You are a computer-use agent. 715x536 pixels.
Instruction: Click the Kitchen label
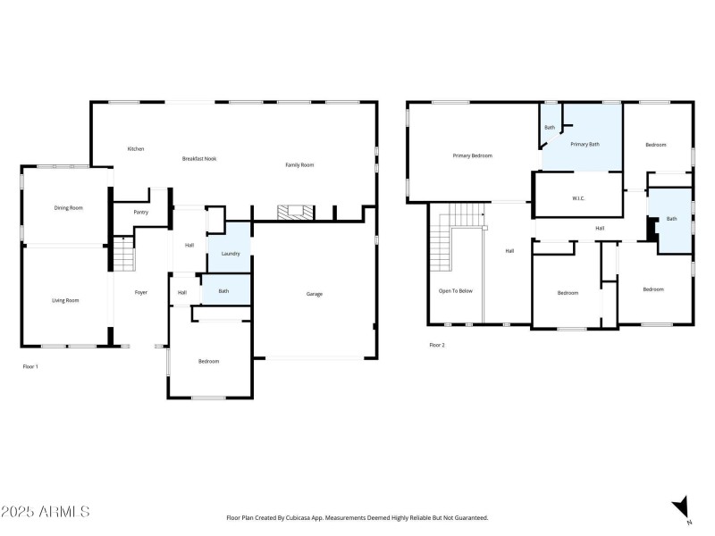tap(136, 149)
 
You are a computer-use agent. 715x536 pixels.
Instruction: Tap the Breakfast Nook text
tap(199, 159)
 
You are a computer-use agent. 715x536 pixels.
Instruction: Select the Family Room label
tap(299, 165)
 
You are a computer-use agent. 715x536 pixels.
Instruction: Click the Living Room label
tap(65, 301)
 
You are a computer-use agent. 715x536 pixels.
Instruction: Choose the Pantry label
tap(141, 213)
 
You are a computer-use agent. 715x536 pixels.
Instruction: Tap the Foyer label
tap(141, 293)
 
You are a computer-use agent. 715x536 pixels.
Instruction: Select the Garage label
tap(315, 294)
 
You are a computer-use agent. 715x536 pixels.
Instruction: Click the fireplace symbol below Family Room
tap(294, 213)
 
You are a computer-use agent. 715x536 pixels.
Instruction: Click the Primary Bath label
tap(585, 145)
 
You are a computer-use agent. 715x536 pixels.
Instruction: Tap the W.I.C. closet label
tap(578, 198)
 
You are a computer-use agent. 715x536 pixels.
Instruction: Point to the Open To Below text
tap(455, 291)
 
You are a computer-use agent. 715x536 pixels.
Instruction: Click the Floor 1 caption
tap(30, 366)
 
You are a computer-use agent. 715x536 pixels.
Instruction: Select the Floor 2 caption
tap(437, 345)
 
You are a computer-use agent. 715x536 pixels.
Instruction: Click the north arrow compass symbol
tap(682, 507)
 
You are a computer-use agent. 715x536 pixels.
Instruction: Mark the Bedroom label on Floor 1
tap(208, 361)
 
